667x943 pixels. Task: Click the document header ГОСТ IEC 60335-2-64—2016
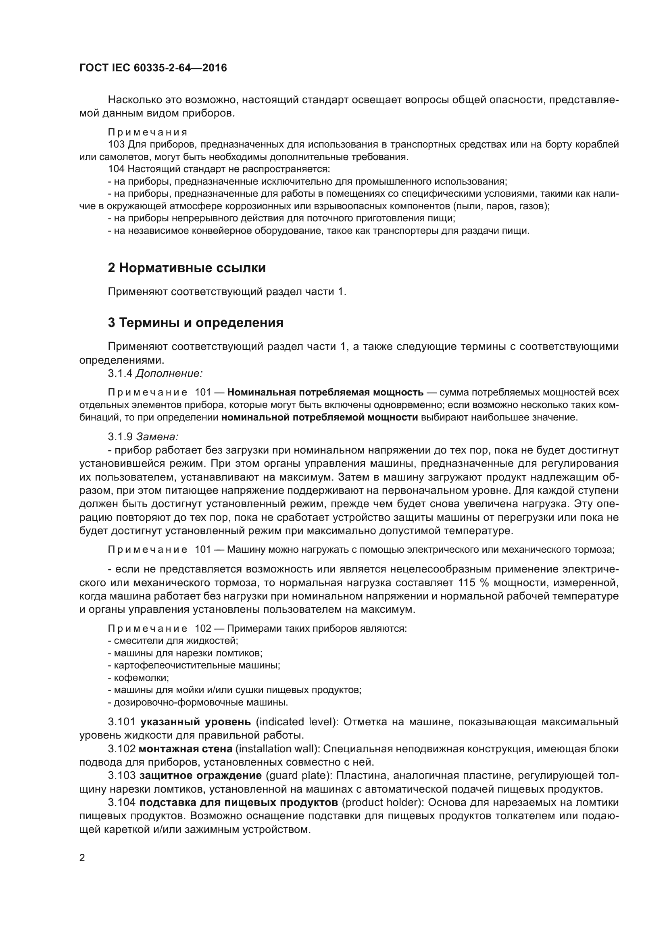point(153,68)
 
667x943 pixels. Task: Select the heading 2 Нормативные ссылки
point(186,268)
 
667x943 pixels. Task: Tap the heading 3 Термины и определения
point(196,323)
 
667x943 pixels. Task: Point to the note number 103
point(116,145)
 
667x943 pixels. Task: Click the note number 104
point(116,169)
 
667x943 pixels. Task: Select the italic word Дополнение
point(169,373)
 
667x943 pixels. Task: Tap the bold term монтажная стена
point(186,749)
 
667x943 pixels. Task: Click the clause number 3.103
point(121,776)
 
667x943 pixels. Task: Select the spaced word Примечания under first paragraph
point(148,132)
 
